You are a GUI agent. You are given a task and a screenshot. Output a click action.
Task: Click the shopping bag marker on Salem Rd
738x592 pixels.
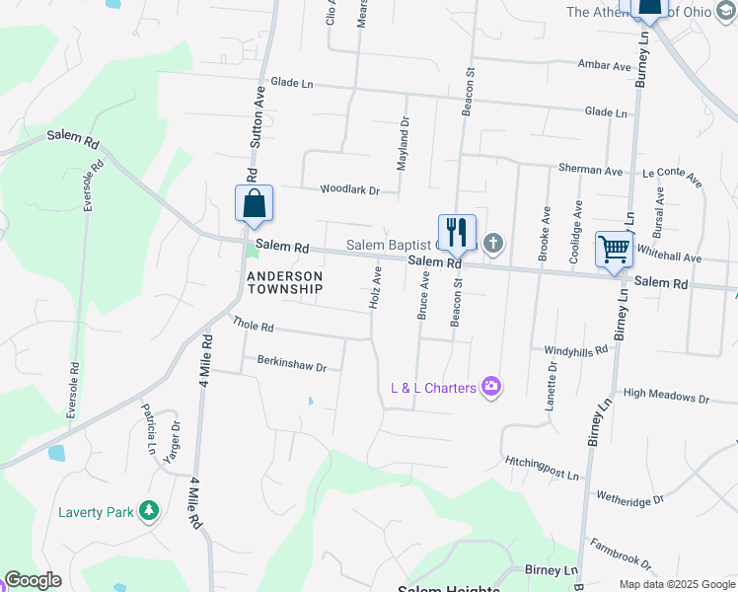click(x=254, y=203)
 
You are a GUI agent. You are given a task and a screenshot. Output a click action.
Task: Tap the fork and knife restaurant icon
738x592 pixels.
click(x=457, y=232)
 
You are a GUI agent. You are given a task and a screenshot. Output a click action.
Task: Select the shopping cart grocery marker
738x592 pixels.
click(x=614, y=248)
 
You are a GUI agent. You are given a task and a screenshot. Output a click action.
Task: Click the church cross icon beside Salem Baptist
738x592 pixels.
click(x=493, y=243)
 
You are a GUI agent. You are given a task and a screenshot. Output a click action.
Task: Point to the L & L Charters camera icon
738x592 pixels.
click(x=491, y=387)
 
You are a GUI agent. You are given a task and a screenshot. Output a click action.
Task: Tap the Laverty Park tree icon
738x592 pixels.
click(x=148, y=510)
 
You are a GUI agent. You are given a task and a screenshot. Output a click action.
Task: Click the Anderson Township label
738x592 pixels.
click(x=284, y=282)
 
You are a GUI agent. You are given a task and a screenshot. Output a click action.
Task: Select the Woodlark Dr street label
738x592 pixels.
click(x=349, y=189)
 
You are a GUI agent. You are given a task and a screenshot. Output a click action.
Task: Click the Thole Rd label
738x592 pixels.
click(x=253, y=324)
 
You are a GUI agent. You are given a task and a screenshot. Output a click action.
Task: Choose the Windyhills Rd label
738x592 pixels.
click(x=576, y=350)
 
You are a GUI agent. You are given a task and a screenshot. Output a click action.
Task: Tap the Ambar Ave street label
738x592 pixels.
click(x=604, y=65)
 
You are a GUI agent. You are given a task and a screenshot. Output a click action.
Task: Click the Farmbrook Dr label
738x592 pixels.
click(x=621, y=555)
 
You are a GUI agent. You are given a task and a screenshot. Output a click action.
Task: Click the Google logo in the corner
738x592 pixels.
click(x=32, y=580)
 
